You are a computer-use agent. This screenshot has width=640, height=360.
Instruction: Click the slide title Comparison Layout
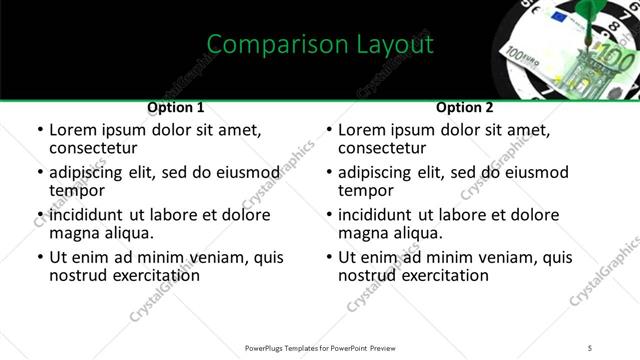320,45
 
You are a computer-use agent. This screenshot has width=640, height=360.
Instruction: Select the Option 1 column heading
175,107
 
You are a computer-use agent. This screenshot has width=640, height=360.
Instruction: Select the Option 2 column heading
465,107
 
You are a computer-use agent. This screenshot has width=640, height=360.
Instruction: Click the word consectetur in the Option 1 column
94,149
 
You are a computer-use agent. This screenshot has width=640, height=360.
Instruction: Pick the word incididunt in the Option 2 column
382,215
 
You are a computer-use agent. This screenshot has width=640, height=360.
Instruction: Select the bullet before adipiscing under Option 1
40,173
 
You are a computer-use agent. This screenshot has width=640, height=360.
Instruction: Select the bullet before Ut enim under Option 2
329,258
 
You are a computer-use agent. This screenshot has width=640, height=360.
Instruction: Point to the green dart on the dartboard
579,14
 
